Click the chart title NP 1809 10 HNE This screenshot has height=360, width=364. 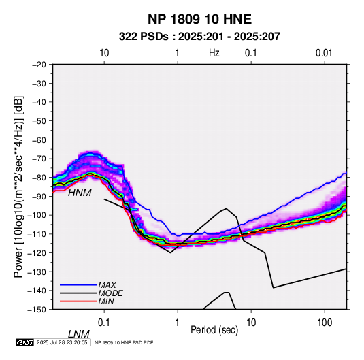click(199, 19)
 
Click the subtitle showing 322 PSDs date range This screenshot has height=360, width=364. click(199, 37)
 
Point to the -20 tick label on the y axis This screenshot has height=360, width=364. click(39, 65)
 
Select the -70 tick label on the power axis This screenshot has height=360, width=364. click(39, 159)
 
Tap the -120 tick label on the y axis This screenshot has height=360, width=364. click(37, 253)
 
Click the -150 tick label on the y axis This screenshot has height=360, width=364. click(37, 310)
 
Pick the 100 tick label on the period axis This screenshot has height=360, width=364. click(324, 323)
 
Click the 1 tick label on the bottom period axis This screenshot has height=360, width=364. click(177, 323)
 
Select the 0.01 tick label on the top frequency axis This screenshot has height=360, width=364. click(324, 53)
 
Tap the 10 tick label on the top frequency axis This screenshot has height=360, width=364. click(104, 53)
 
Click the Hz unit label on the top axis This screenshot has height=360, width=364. click(214, 53)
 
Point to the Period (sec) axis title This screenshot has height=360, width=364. click(214, 330)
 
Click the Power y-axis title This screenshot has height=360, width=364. click(19, 186)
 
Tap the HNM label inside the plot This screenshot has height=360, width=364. click(80, 193)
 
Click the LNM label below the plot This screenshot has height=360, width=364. click(79, 334)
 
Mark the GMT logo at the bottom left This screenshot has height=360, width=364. click(24, 342)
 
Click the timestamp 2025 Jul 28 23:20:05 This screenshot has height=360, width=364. click(62, 342)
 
